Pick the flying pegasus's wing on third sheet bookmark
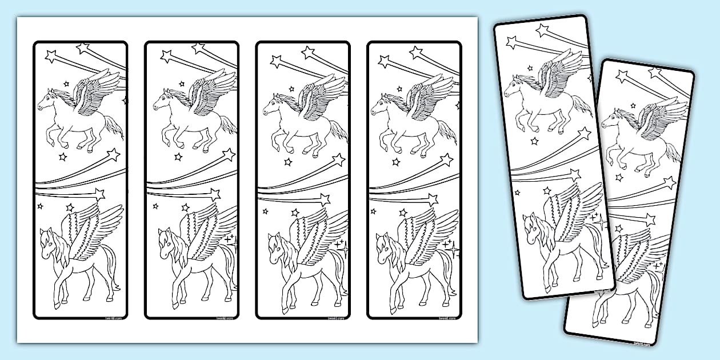click(321, 94)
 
